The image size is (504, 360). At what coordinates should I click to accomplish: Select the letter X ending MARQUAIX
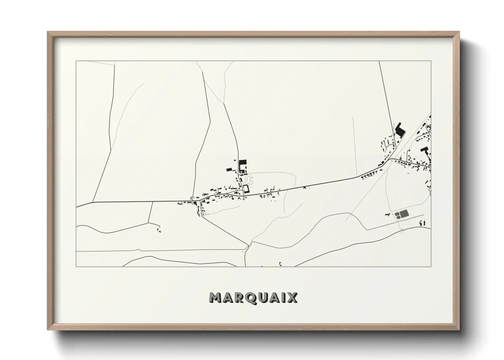[x=292, y=298]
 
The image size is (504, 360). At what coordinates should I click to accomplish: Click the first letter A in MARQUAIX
[x=228, y=298]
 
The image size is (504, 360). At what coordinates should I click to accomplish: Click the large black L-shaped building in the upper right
[x=400, y=131]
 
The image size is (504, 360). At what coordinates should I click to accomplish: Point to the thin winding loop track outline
[x=249, y=179]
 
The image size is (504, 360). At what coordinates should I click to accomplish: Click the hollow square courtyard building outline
[x=246, y=189]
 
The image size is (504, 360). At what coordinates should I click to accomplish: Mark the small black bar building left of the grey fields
[x=387, y=214]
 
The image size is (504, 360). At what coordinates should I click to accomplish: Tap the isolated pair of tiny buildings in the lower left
[x=159, y=230]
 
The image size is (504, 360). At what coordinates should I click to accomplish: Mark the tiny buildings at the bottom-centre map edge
[x=280, y=263]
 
